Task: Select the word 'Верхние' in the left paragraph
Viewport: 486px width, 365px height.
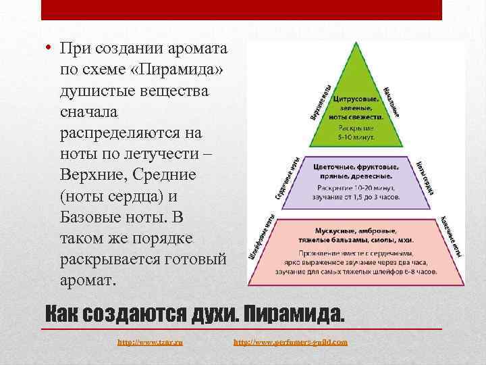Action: pyautogui.click(x=94, y=174)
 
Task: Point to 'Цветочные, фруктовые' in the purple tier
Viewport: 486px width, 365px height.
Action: pyautogui.click(x=356, y=164)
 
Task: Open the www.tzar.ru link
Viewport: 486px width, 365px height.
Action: pyautogui.click(x=151, y=343)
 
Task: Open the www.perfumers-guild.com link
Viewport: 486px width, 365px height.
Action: pyautogui.click(x=291, y=343)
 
